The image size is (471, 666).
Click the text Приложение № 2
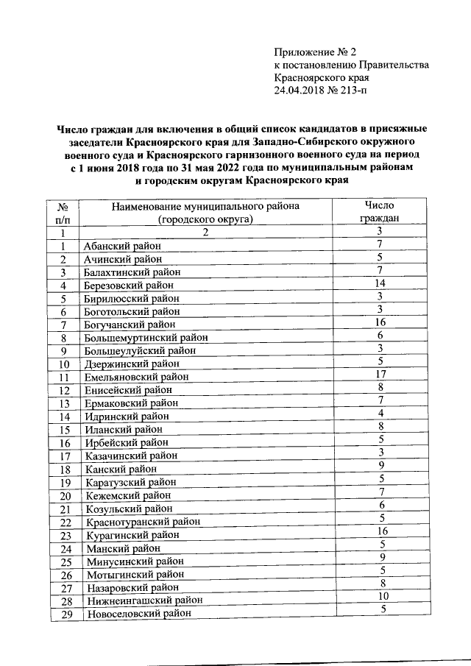tap(314, 52)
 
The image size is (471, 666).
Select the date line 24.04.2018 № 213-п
tap(319, 90)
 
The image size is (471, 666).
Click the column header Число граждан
tap(380, 212)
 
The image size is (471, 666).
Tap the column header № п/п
tap(63, 213)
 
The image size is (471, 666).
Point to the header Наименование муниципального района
tap(205, 207)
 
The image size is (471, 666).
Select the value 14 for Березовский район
tap(380, 283)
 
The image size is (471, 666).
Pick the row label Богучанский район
tap(130, 325)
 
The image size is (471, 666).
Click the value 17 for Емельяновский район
tap(380, 374)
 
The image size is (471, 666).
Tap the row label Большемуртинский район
tap(145, 338)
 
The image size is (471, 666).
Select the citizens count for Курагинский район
tap(380, 531)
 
